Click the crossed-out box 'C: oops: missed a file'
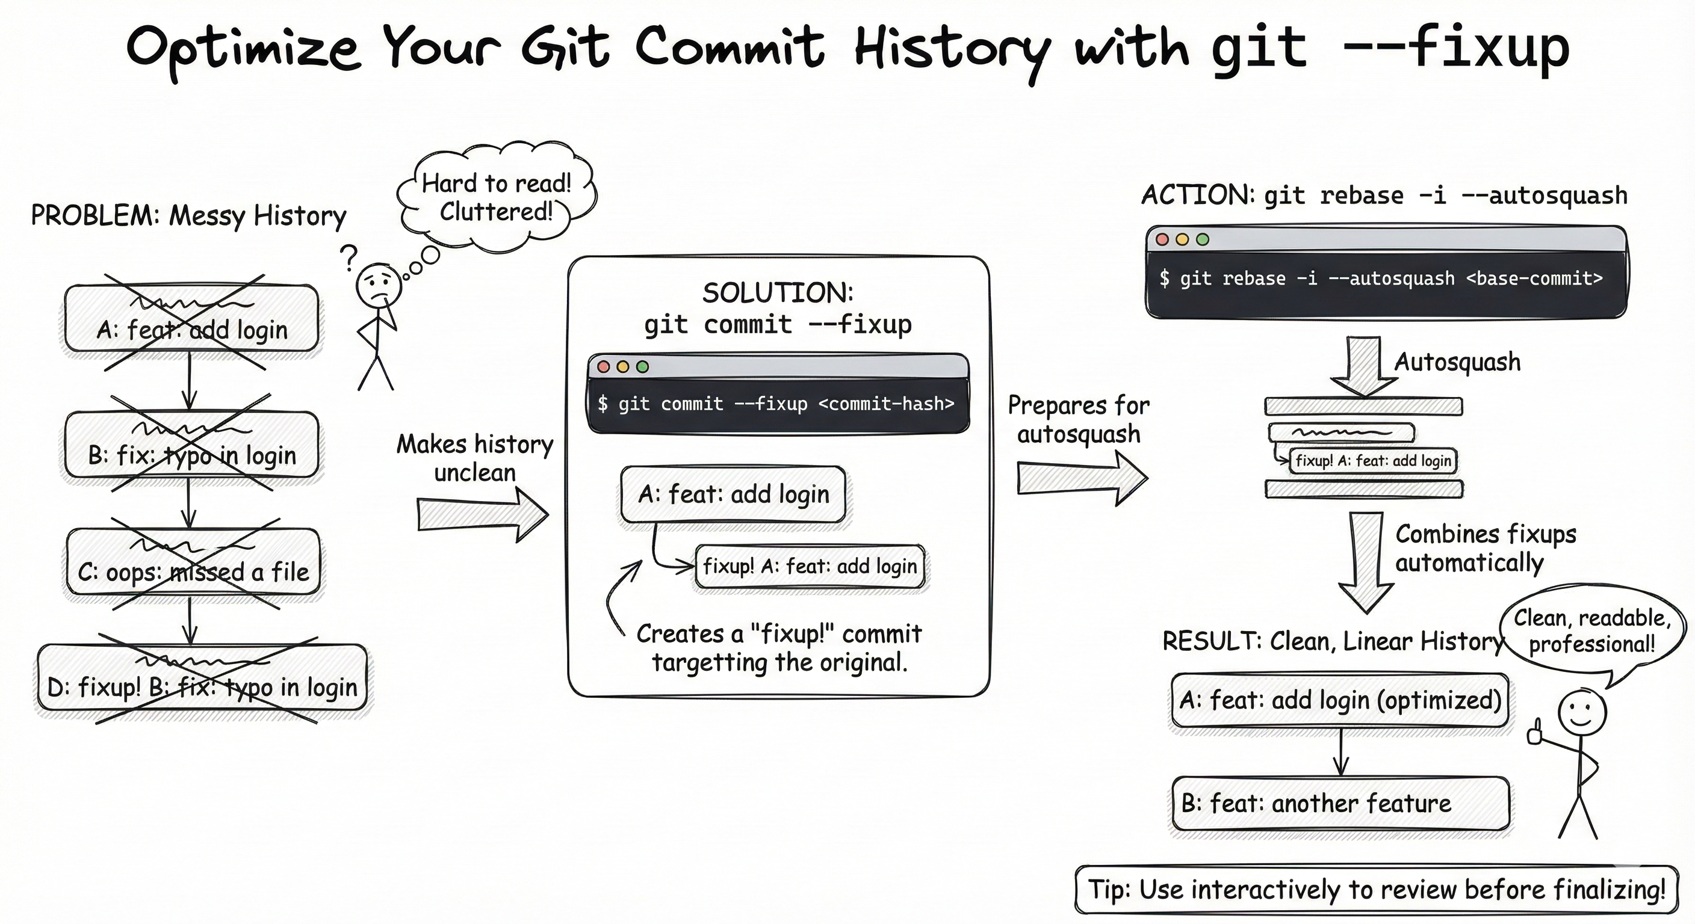[x=193, y=562]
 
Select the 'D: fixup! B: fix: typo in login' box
[x=202, y=678]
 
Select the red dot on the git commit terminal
[x=603, y=366]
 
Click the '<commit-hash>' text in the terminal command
[x=886, y=403]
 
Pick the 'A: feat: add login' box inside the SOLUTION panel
[x=733, y=494]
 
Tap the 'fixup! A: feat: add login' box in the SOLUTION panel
[x=810, y=565]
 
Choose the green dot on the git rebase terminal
[x=1203, y=239]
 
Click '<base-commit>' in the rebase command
[x=1534, y=278]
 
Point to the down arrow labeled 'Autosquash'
[x=1363, y=366]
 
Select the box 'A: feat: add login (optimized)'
[x=1340, y=700]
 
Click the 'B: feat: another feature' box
[x=1340, y=803]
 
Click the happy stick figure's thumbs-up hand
[x=1535, y=732]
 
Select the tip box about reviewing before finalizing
[x=1377, y=889]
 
